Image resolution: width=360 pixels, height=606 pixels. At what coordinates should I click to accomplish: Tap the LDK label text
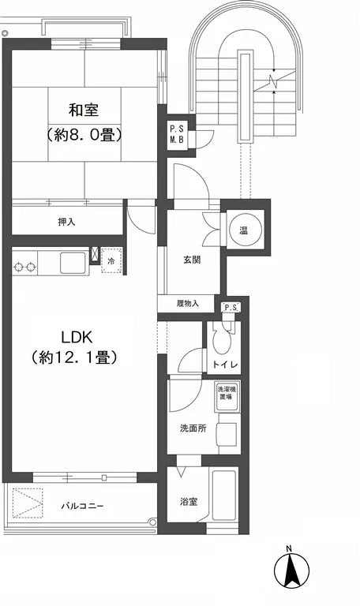(x=75, y=334)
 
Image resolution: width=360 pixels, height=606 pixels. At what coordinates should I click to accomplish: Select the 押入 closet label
(x=66, y=222)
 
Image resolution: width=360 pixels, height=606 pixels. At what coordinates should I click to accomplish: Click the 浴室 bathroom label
(x=188, y=500)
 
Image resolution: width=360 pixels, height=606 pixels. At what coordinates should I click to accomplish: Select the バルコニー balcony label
(x=83, y=506)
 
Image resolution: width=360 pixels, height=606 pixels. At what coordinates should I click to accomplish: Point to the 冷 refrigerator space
(x=111, y=261)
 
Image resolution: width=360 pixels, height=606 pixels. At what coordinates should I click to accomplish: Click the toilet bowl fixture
(x=223, y=339)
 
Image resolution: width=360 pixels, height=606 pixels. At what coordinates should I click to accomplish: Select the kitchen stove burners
(x=24, y=266)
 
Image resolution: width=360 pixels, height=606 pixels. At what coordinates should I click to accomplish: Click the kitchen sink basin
(x=73, y=261)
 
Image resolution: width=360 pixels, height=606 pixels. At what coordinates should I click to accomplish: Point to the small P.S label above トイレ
(x=230, y=308)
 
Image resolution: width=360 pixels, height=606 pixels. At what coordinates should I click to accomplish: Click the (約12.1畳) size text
(x=75, y=357)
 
